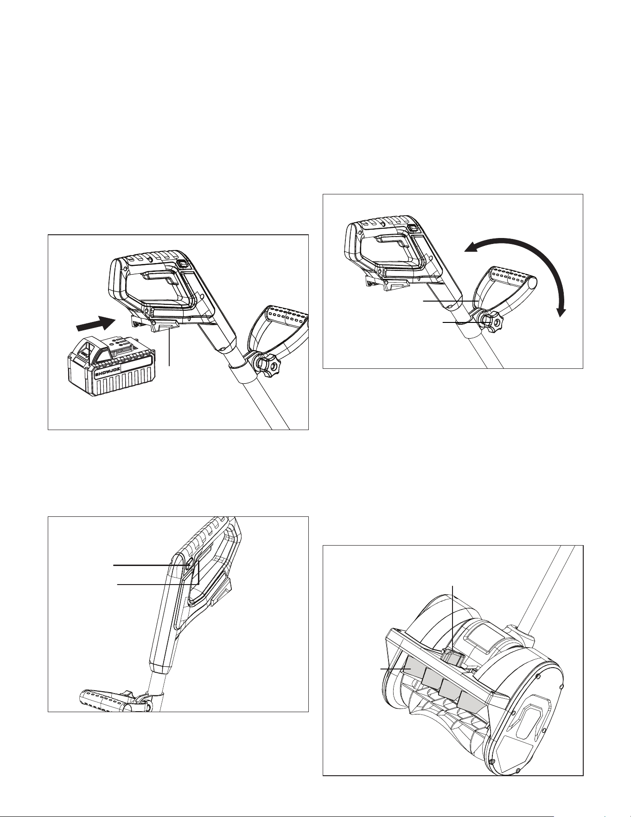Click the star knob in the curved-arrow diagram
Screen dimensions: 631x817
[489, 321]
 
